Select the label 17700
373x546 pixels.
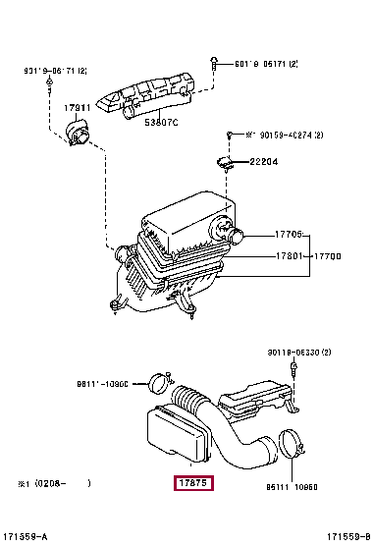[x=329, y=257]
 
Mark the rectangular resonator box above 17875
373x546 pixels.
[x=176, y=433]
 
